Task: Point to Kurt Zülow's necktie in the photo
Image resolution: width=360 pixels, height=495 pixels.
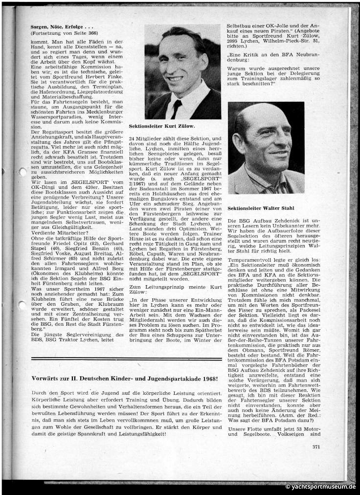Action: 176,108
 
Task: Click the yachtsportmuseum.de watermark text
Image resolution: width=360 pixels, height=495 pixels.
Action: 320,487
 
